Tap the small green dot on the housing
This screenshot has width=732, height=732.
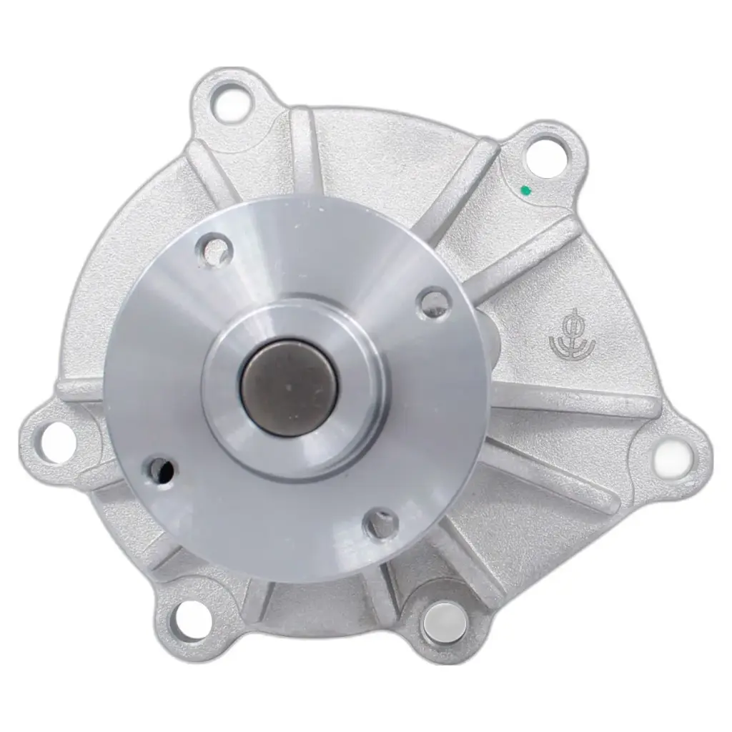click(525, 190)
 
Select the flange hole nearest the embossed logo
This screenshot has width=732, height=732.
click(433, 304)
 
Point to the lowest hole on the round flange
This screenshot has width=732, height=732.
click(381, 525)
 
